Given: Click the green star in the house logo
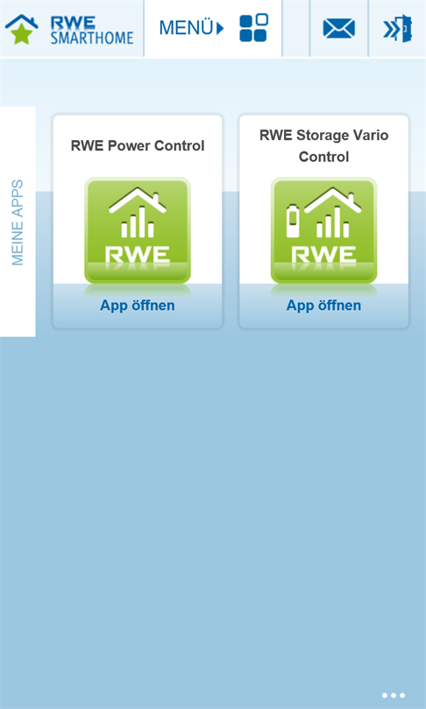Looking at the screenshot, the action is [21, 34].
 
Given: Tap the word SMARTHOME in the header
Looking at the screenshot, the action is [92, 38].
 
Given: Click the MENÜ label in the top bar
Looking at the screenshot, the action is [186, 28].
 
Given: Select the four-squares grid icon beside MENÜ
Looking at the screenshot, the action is [253, 28].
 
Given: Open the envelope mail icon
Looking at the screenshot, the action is [338, 29].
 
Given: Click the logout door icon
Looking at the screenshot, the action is [397, 29].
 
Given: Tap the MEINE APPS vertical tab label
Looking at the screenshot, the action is [18, 222].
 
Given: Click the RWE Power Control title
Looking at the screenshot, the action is [138, 145].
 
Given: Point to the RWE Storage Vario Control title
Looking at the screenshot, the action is [323, 145].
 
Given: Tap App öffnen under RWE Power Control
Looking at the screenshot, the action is [137, 305].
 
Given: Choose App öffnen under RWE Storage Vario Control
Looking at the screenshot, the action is [323, 305].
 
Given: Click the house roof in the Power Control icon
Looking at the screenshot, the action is [138, 200].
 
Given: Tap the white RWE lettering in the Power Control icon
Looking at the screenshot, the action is [138, 255].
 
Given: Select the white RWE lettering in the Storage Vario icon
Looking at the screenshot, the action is [323, 255].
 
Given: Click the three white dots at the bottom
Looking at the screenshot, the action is [394, 696].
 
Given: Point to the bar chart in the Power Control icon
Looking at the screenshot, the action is [138, 222].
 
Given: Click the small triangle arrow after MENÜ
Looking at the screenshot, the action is [220, 29].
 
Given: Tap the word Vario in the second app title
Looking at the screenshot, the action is [370, 135].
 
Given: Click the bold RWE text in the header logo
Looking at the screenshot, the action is [73, 23].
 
